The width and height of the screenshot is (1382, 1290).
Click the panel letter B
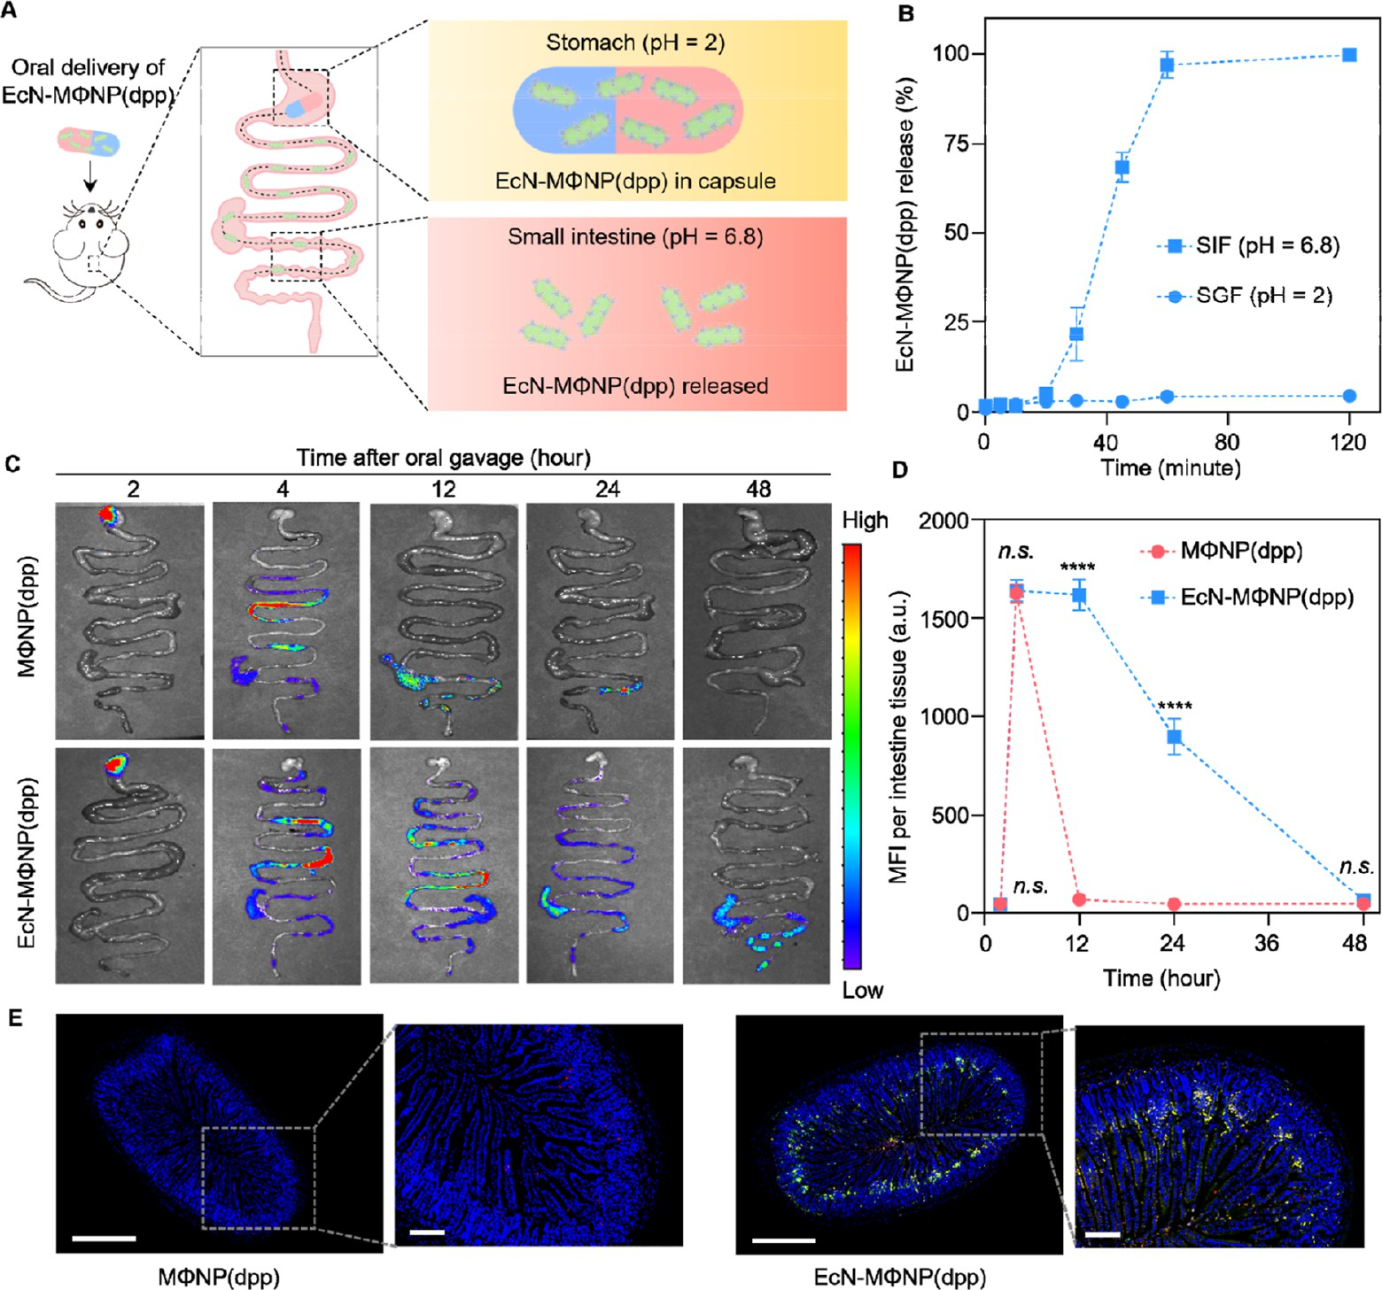coord(905,14)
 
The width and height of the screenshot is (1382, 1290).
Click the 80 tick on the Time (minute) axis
coord(1227,441)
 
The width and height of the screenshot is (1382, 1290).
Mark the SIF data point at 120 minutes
coord(1349,55)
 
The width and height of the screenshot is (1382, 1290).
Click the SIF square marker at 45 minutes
coord(1122,167)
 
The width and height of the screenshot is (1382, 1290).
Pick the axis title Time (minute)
coord(1170,467)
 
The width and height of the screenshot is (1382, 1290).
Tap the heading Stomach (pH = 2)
coord(635,42)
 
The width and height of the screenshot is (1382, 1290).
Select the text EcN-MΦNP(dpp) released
coord(635,386)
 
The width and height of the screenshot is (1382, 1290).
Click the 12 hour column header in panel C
coord(443,489)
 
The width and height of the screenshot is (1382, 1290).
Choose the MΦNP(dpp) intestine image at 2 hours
coord(129,621)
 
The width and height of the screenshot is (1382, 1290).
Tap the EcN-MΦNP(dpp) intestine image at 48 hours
coord(757,865)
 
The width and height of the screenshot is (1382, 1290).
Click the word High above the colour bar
coord(865,520)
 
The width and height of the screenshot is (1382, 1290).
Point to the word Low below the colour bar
coord(862,990)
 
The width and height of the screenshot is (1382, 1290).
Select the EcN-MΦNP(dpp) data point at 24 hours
coord(1174,737)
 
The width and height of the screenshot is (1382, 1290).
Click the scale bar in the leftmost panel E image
coord(104,1238)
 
